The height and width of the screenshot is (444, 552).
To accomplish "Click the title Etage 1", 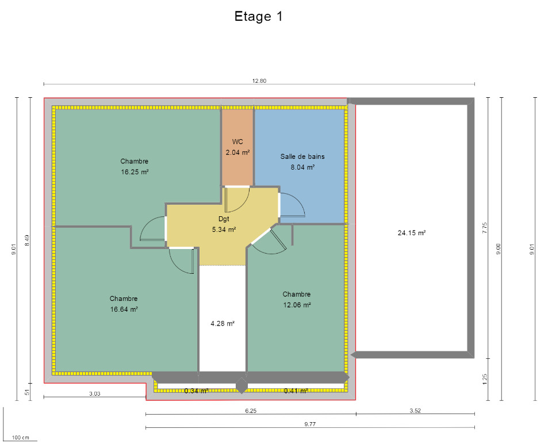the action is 258,17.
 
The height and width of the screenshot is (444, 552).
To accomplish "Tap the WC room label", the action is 237,141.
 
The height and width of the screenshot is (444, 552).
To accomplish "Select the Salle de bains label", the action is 302,156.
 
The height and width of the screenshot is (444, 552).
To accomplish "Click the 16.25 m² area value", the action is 135,172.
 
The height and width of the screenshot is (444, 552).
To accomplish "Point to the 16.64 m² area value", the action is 124,309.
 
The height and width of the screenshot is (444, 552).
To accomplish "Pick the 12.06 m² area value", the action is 297,305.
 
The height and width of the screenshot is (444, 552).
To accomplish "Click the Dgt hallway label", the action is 224,219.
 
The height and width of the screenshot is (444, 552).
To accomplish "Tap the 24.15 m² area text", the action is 412,233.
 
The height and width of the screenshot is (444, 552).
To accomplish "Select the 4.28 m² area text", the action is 223,323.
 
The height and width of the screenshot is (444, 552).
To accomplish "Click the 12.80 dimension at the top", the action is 259,81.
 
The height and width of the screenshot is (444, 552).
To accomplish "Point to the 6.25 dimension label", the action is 251,411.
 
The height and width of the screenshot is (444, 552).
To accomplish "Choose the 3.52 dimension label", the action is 415,411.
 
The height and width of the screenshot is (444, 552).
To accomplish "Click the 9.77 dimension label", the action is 310,424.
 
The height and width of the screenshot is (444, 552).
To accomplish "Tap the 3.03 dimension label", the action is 95,393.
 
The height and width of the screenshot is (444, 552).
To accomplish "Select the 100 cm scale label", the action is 21,438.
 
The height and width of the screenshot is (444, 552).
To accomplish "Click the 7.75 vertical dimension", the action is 485,228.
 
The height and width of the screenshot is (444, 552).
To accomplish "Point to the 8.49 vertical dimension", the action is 28,240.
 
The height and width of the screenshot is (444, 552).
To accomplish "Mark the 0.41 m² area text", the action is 296,391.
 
